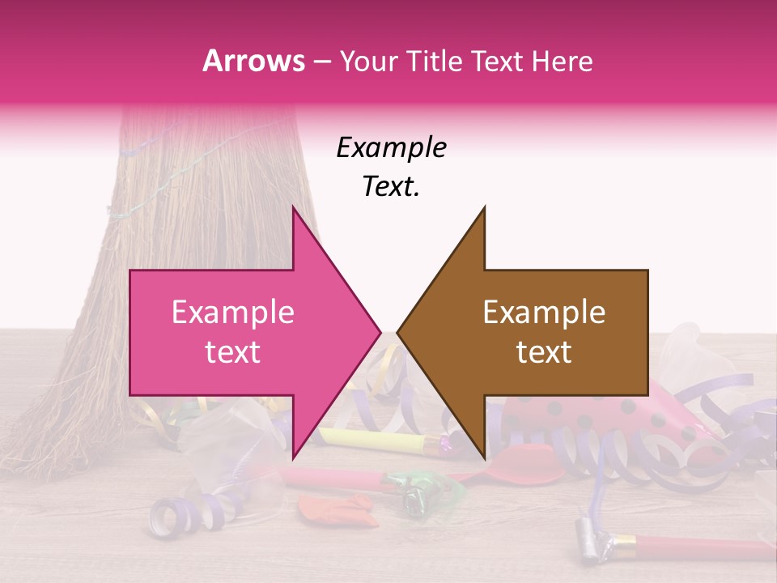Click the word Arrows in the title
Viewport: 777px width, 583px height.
tap(253, 61)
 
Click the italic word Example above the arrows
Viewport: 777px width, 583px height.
tap(391, 148)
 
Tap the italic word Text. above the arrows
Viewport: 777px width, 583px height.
tap(391, 187)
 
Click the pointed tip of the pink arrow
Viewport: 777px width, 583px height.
tap(379, 332)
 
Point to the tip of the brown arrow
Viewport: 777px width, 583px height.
tap(399, 332)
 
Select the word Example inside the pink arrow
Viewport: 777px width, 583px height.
tap(233, 313)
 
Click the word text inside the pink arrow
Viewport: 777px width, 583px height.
tap(233, 352)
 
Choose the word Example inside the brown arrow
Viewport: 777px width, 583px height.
tap(544, 313)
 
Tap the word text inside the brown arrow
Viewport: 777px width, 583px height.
tap(544, 352)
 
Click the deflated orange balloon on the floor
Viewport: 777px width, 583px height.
tap(333, 509)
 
